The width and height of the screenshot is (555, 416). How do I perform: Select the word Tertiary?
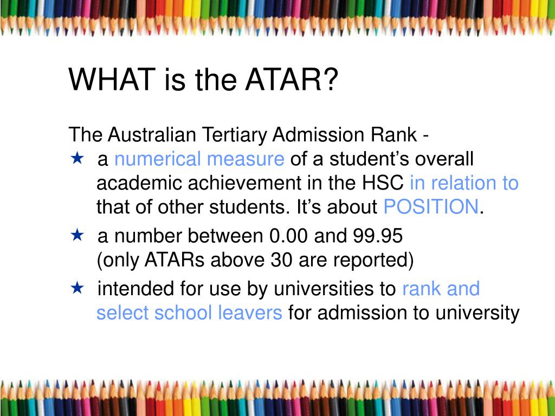pos(235,135)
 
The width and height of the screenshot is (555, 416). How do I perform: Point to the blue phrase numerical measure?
pos(199,159)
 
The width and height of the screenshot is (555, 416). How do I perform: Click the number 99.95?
pos(378,236)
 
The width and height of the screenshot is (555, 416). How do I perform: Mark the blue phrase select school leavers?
pos(189,313)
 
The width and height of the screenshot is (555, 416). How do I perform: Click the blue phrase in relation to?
pos(464,183)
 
